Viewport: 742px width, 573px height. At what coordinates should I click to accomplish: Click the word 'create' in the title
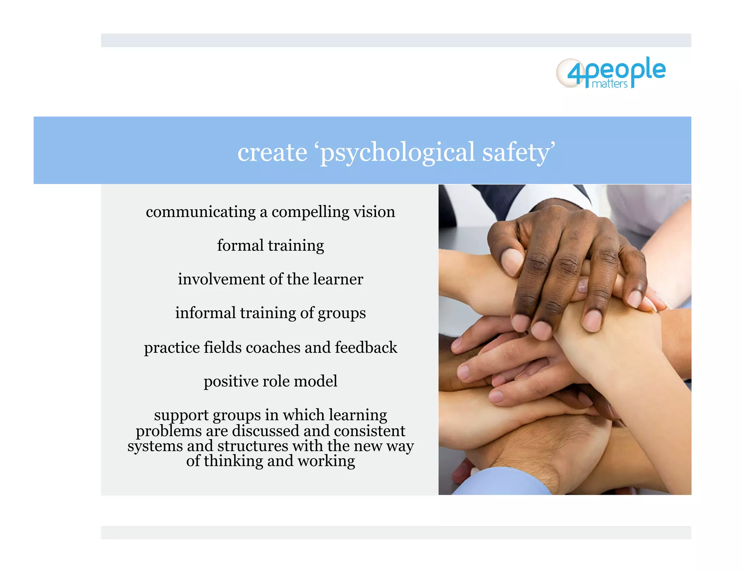tap(272, 152)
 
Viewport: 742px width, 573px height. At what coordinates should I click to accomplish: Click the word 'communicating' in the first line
tap(201, 212)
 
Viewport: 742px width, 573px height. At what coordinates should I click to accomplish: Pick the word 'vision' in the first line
tap(374, 212)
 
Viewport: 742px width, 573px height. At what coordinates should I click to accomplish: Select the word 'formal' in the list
tap(240, 245)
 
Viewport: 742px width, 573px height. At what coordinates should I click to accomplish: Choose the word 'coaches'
tap(273, 347)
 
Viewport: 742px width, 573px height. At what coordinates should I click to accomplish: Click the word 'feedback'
tap(366, 347)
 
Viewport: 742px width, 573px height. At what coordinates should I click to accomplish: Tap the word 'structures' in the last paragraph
tap(253, 446)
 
